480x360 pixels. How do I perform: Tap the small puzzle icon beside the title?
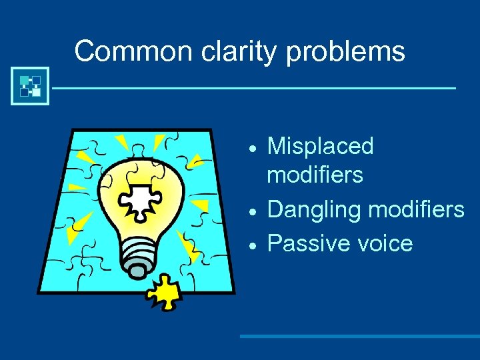[30, 86]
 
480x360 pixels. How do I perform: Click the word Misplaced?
[320, 147]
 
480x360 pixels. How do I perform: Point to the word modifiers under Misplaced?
[315, 175]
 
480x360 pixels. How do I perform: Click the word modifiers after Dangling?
[416, 210]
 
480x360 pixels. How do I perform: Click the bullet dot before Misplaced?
[252, 147]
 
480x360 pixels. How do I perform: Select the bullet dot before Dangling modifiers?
[252, 211]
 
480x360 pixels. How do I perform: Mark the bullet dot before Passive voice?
[252, 245]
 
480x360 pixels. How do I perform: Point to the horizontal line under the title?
[253, 87]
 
